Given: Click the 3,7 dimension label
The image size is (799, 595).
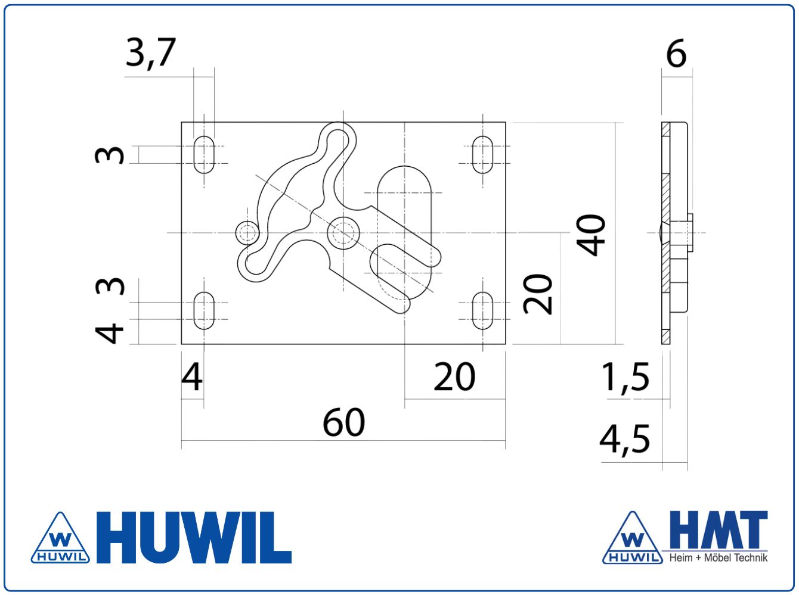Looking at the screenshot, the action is tap(151, 53).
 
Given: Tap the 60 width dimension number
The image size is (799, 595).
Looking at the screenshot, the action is tap(343, 422).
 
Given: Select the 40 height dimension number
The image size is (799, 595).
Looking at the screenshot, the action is tap(591, 235).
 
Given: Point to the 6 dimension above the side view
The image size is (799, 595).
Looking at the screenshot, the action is tap(676, 54).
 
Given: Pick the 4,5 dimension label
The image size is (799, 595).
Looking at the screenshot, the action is tap(625, 440).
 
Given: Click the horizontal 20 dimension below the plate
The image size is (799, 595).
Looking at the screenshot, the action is tap(454, 377).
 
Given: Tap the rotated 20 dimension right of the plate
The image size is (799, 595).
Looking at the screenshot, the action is tap(538, 294).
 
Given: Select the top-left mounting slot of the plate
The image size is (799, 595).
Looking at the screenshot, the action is tap(204, 155).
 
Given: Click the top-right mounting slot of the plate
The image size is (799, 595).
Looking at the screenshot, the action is tap(482, 155).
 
